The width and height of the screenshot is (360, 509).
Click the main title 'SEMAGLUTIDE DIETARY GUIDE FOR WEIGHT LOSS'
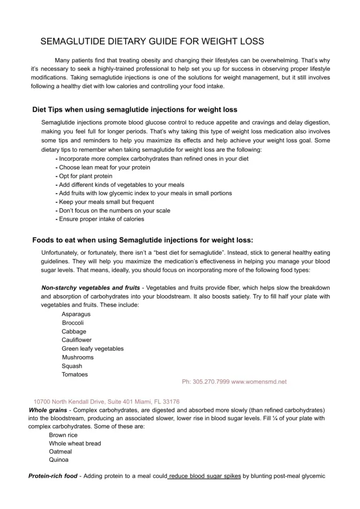(152, 41)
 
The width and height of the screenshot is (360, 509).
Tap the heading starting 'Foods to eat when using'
(142, 240)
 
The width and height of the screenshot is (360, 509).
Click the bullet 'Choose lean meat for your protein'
(105, 167)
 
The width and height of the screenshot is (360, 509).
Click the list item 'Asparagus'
(76, 314)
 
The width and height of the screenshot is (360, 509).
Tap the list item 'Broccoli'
(73, 323)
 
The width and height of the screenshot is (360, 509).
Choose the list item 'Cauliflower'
(77, 340)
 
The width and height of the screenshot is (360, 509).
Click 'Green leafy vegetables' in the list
(93, 349)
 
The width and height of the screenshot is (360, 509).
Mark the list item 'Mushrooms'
(78, 357)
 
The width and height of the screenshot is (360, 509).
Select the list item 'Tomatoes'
(75, 374)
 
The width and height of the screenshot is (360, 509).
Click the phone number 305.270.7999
(206, 382)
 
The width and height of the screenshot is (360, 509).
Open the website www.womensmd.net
(259, 382)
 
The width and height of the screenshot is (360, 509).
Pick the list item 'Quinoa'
(59, 460)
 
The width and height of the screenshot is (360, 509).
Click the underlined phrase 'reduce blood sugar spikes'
(205, 476)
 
